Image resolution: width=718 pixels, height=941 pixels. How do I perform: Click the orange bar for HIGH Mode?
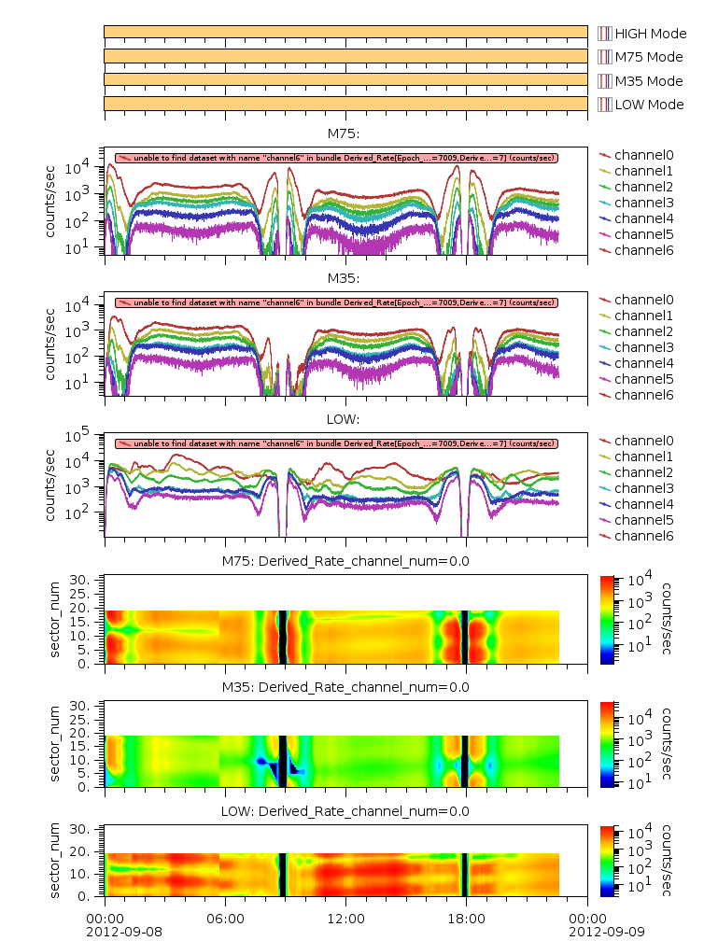(345, 32)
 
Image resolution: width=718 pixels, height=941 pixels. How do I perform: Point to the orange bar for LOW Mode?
(345, 103)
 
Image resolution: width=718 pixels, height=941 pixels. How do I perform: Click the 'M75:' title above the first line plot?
(345, 133)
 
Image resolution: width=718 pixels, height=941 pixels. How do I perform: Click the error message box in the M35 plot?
(336, 302)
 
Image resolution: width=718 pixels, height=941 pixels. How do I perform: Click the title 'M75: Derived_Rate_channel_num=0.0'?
(345, 561)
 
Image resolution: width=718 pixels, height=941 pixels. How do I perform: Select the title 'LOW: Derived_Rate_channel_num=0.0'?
(345, 811)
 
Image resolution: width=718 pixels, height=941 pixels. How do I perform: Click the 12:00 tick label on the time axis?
(345, 919)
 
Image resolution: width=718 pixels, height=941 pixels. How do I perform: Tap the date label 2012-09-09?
(586, 932)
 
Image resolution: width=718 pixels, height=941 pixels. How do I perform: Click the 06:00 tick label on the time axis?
(225, 919)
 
